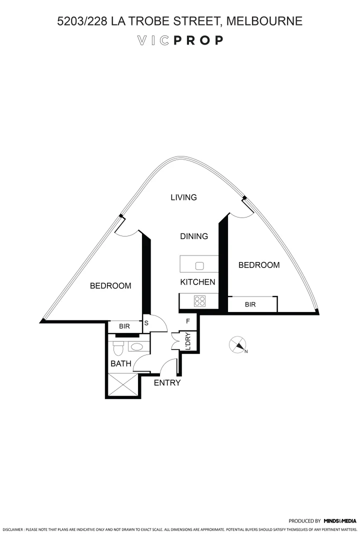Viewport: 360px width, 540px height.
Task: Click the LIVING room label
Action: point(183,197)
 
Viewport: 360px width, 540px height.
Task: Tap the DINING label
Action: point(194,236)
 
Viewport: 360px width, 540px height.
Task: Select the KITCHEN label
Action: point(197,282)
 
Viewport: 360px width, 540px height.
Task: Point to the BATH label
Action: point(120,364)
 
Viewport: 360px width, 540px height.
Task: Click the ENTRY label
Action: point(167,383)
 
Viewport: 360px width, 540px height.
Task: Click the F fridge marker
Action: point(188,321)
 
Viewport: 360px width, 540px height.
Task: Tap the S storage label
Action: point(146,323)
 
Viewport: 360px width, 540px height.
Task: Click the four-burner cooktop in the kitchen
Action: point(199,301)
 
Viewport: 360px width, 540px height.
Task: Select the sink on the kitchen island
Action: point(199,265)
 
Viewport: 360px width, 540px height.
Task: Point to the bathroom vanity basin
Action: point(135,345)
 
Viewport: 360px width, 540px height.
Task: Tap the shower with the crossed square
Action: point(122,384)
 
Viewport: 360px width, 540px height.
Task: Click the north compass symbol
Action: point(238,345)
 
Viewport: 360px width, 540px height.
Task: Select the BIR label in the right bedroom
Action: point(250,304)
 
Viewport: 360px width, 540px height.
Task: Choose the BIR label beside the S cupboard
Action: point(124,326)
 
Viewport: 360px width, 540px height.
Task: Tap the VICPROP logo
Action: point(180,41)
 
